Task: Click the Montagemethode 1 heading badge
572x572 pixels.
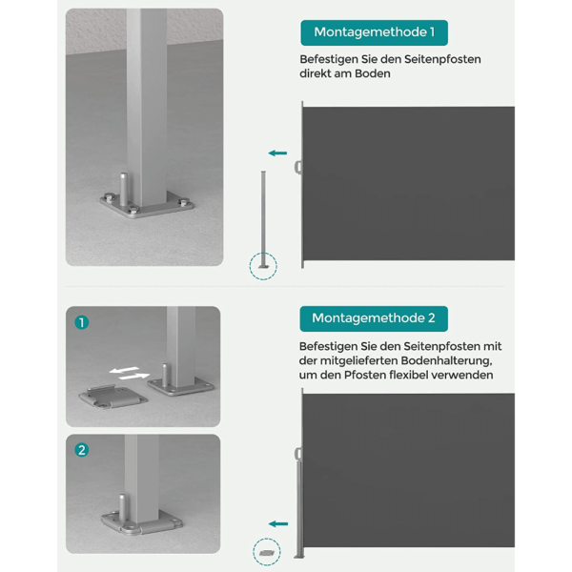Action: [374, 32]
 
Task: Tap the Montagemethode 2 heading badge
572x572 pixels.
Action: [374, 318]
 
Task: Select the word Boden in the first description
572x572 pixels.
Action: [373, 73]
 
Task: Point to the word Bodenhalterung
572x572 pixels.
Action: [446, 360]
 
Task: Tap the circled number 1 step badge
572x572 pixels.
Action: [82, 322]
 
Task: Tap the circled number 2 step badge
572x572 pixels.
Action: [82, 450]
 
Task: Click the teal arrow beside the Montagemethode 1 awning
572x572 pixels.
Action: [277, 153]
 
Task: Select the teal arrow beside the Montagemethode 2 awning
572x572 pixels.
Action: [278, 523]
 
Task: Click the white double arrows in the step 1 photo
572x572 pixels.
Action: [130, 373]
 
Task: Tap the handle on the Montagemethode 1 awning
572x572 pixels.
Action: [298, 168]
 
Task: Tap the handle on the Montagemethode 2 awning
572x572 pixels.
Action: [298, 454]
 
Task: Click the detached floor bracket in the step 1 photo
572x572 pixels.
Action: [112, 397]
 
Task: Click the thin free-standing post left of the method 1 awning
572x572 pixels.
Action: [263, 219]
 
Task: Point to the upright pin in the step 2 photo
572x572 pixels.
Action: [123, 507]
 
